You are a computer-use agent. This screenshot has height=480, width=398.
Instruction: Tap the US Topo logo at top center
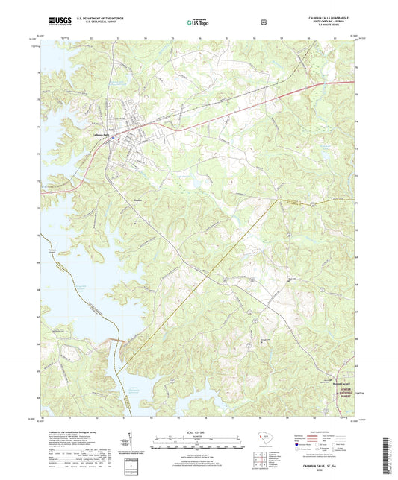[x=197, y=22]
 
